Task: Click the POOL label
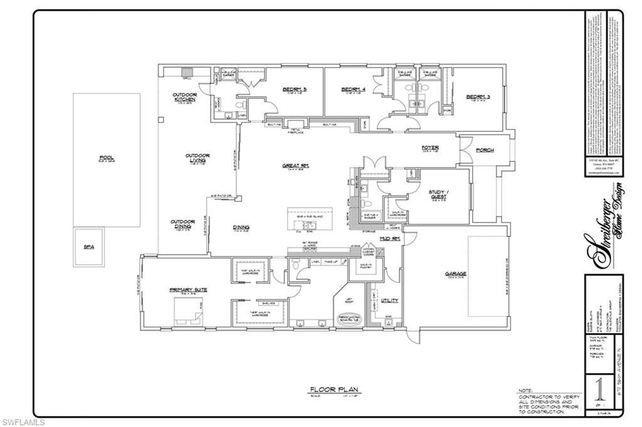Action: coord(106,158)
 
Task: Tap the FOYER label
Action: coord(430,148)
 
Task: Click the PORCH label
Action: coord(485,150)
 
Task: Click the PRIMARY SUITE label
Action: coord(188,290)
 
